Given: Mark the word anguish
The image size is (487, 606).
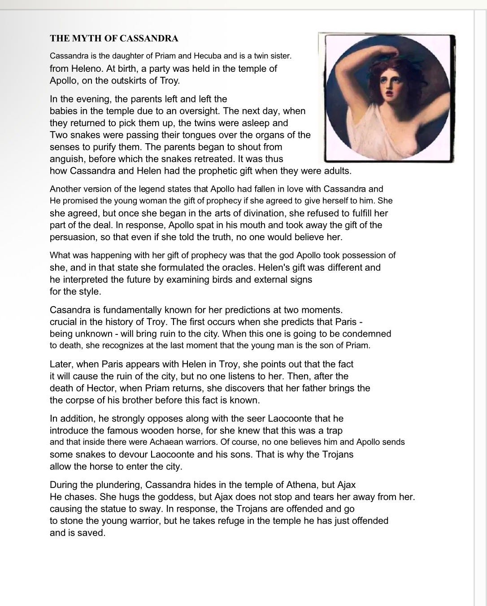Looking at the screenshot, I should click(67, 159).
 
